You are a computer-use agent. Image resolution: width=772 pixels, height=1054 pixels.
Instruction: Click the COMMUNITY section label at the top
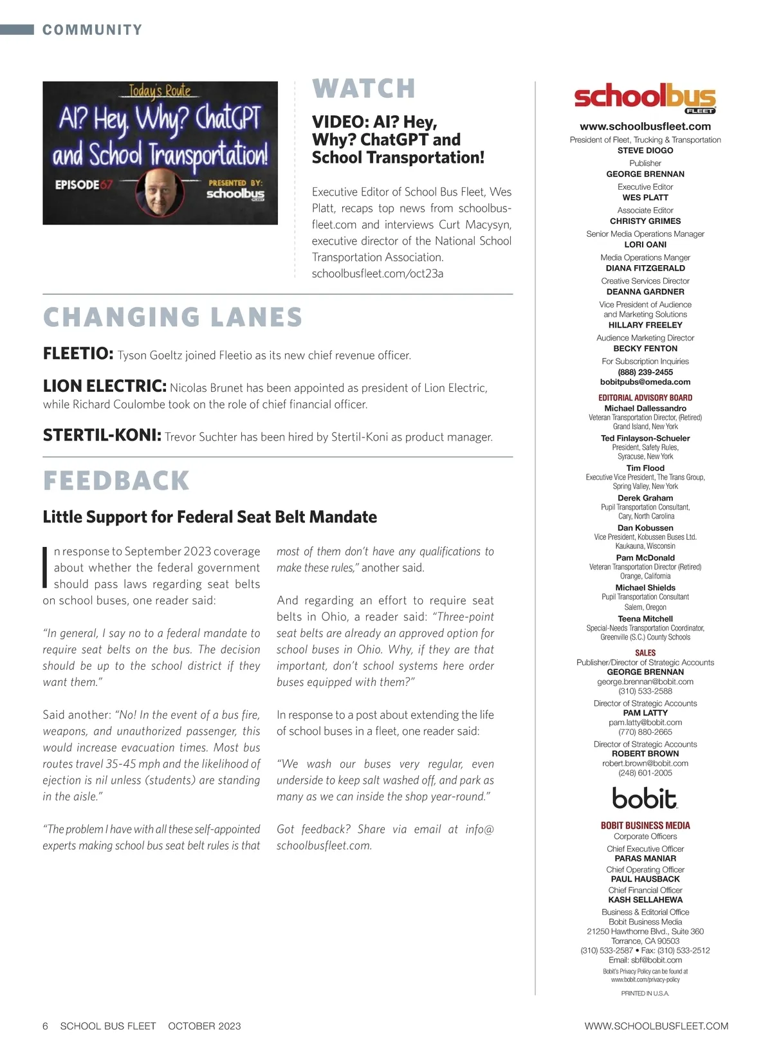tap(92, 30)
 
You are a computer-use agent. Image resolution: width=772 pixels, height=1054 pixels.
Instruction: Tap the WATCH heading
tap(363, 89)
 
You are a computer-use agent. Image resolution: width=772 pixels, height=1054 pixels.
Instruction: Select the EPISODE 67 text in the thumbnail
tap(84, 185)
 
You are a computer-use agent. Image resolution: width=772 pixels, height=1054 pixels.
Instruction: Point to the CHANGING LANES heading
tap(172, 317)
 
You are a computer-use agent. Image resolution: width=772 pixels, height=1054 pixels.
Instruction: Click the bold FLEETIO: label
tap(78, 354)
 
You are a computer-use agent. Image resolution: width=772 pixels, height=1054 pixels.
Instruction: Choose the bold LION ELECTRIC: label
tap(104, 386)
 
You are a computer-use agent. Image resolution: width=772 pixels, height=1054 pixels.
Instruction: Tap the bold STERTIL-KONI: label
tap(102, 436)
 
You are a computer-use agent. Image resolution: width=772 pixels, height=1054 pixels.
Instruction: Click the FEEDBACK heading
tap(116, 481)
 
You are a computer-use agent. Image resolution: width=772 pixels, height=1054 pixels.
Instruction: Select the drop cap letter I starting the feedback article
tap(46, 567)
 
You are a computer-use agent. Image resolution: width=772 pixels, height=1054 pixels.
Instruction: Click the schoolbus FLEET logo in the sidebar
tap(645, 98)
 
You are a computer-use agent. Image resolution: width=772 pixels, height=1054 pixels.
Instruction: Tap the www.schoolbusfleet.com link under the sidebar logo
tap(645, 127)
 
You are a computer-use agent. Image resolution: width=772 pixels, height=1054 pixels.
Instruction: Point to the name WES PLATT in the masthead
tap(645, 198)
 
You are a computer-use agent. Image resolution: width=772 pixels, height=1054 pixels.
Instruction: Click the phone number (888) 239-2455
tap(645, 372)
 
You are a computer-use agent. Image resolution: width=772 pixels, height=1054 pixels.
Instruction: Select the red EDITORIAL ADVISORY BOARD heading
tap(645, 398)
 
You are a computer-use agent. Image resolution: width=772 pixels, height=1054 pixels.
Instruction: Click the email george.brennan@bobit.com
tap(645, 681)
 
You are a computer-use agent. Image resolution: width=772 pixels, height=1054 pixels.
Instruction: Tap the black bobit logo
tap(645, 799)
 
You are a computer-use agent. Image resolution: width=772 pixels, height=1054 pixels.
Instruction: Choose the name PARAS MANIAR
tap(645, 858)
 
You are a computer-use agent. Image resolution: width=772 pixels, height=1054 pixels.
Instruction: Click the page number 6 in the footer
tap(45, 1026)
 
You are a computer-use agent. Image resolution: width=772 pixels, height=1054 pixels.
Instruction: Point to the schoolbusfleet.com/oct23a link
tap(377, 273)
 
